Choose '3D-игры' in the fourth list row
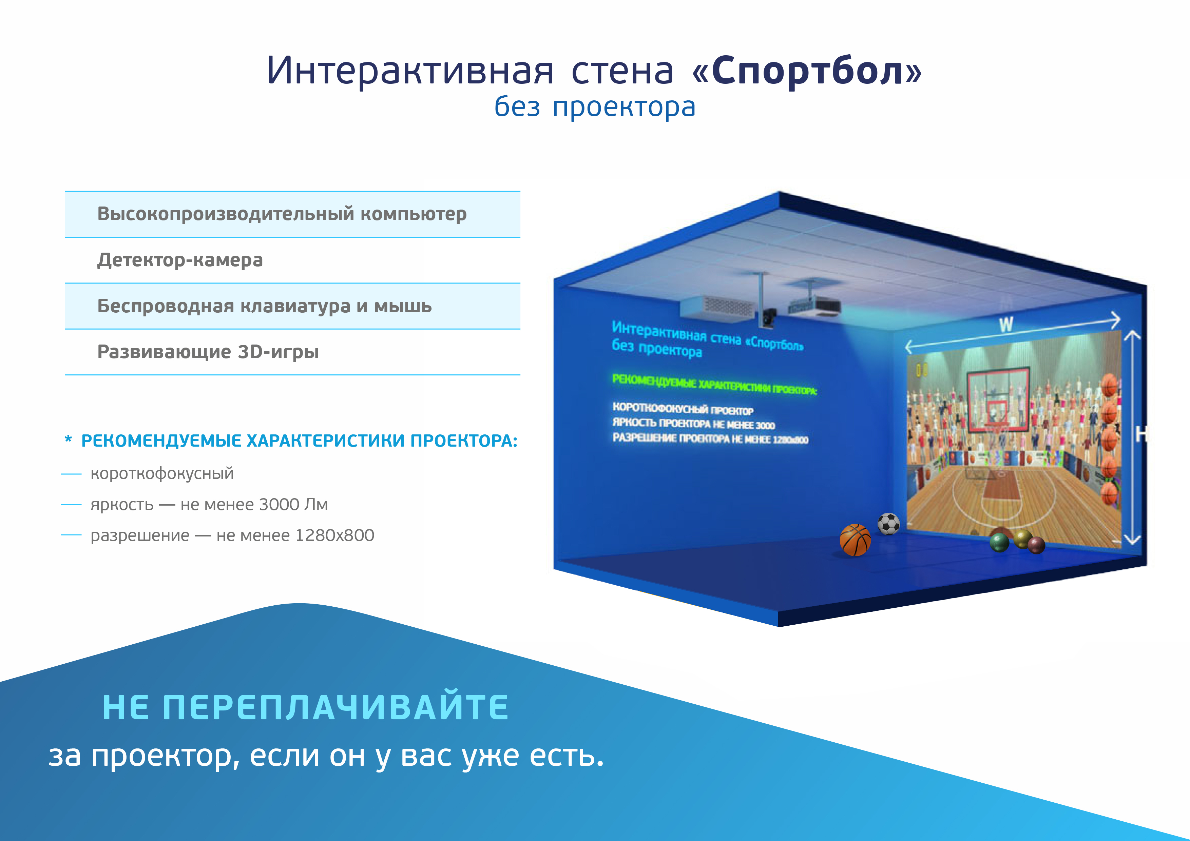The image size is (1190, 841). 278,352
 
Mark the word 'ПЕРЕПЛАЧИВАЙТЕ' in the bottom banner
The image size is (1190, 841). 336,707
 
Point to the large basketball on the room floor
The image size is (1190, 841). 855,540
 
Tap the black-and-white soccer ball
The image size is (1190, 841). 888,524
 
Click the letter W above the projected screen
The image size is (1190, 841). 1006,325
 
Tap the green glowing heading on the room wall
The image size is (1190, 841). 714,384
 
